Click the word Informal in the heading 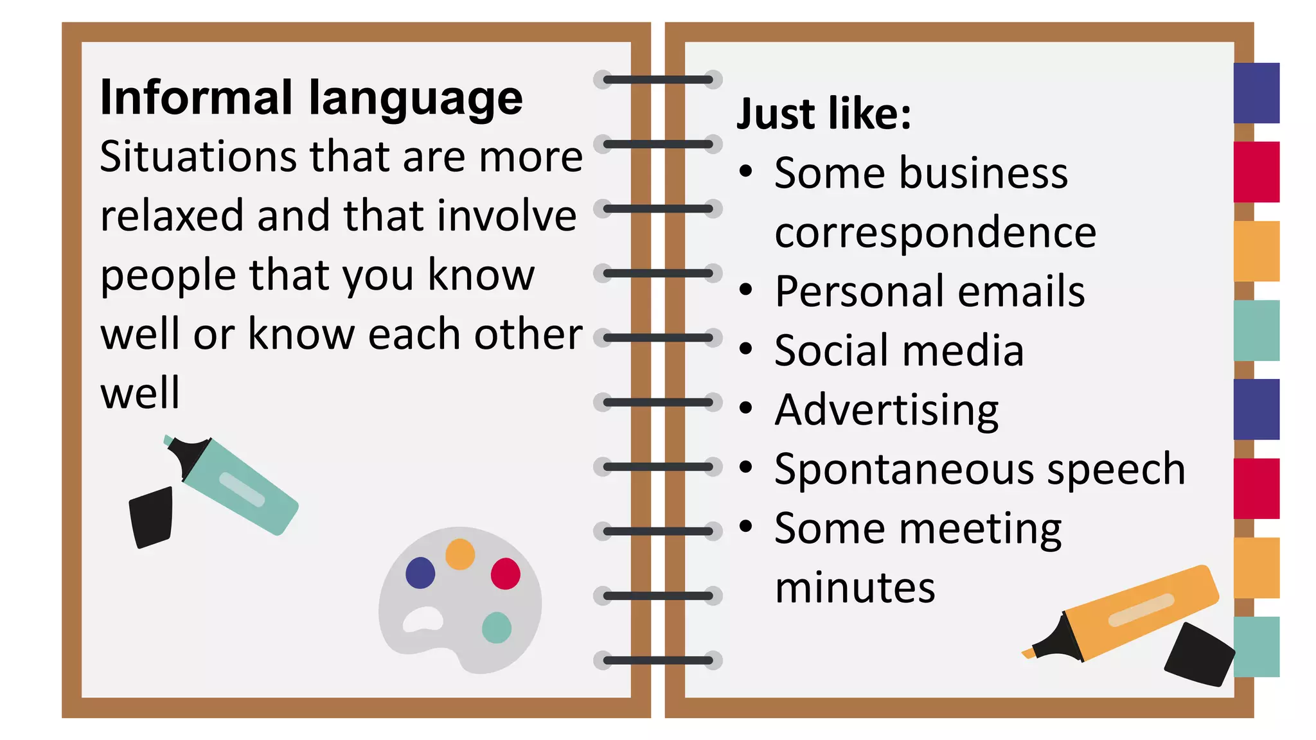pyautogui.click(x=196, y=98)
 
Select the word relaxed pyautogui.click(x=172, y=216)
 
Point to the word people pyautogui.click(x=168, y=276)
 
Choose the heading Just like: pyautogui.click(x=823, y=114)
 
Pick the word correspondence pyautogui.click(x=935, y=233)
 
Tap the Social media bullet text pyautogui.click(x=898, y=351)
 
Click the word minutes pyautogui.click(x=855, y=587)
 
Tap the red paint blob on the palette pyautogui.click(x=506, y=574)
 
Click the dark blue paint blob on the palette pyautogui.click(x=420, y=573)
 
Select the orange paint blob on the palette pyautogui.click(x=460, y=554)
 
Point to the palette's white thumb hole pyautogui.click(x=423, y=619)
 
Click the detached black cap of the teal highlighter pyautogui.click(x=152, y=517)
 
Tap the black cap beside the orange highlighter pyautogui.click(x=1199, y=654)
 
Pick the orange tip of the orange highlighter pyautogui.click(x=1029, y=653)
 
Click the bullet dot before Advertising pyautogui.click(x=745, y=408)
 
